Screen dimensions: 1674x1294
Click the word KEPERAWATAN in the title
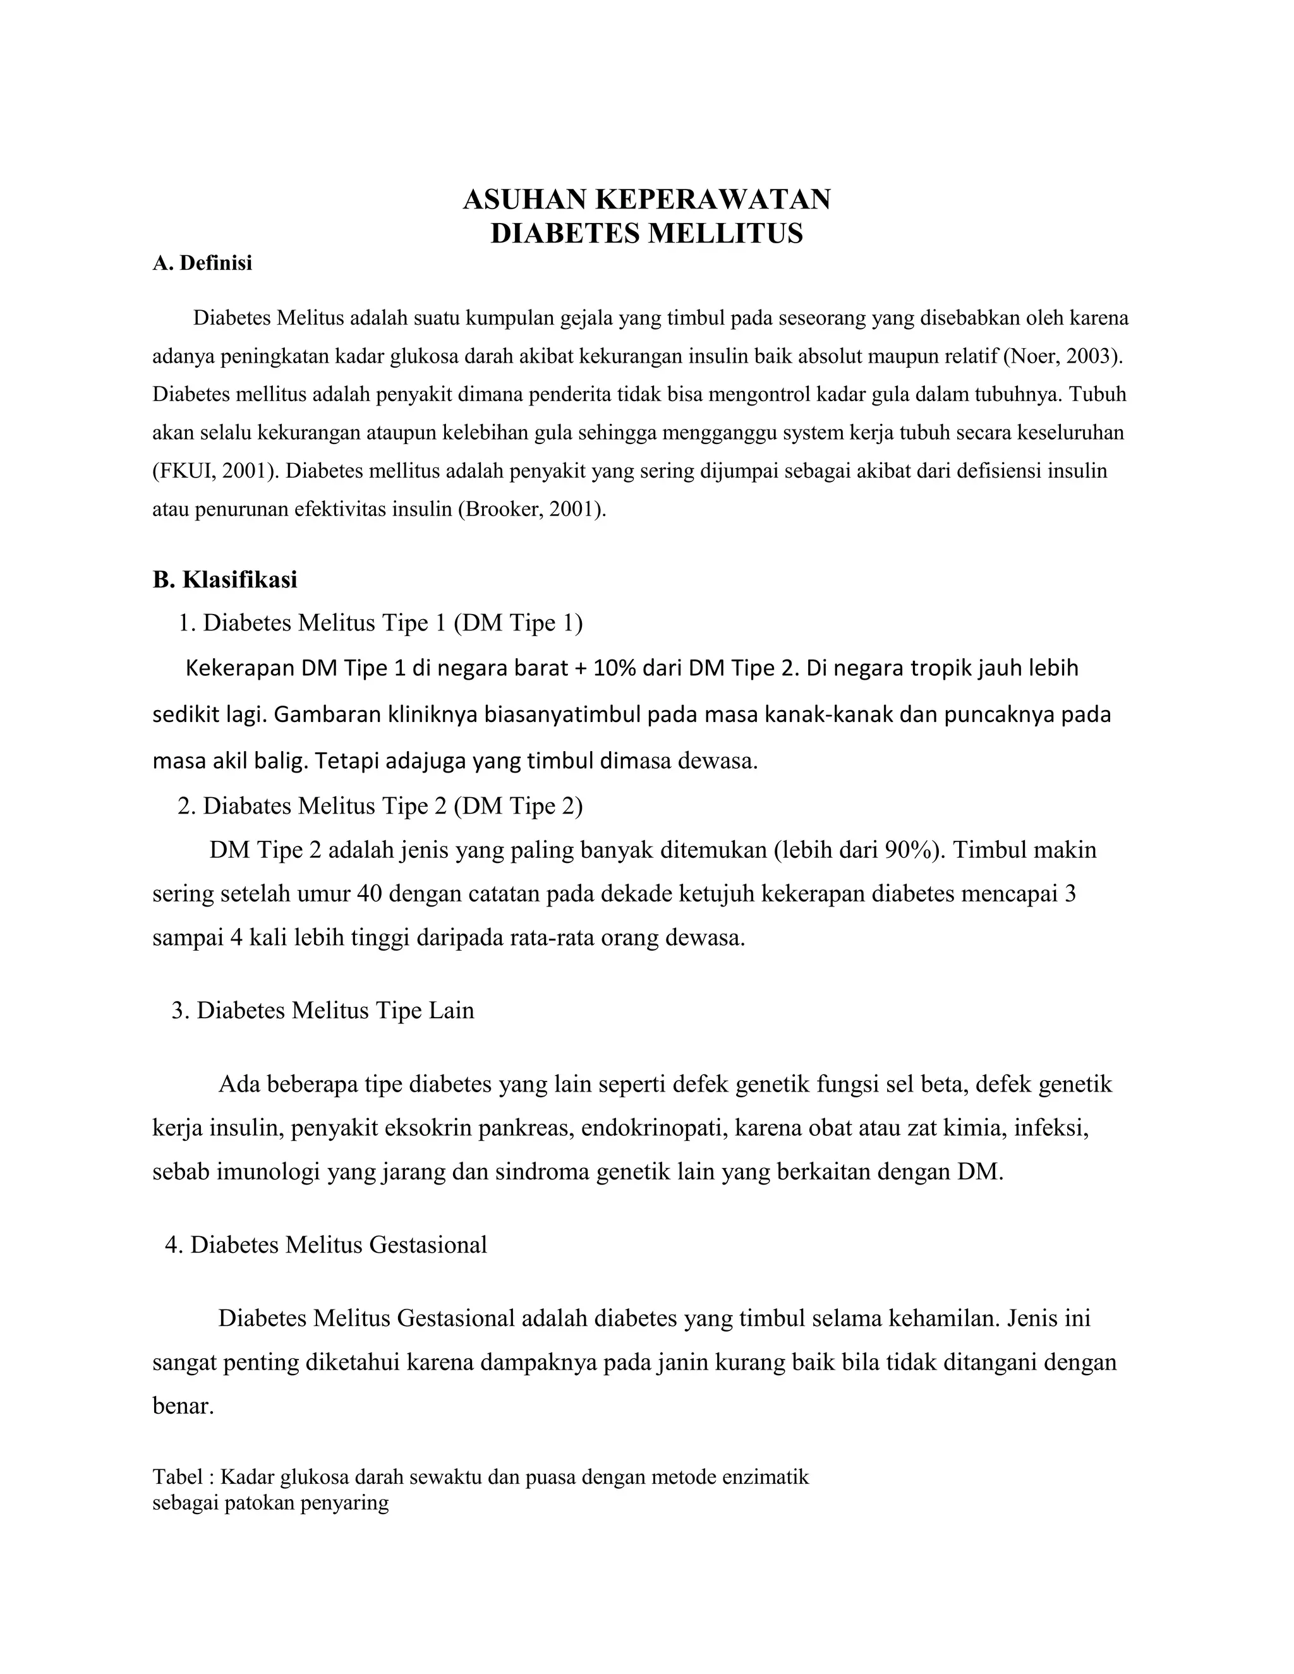(x=712, y=199)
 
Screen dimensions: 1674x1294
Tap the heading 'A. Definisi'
(x=202, y=263)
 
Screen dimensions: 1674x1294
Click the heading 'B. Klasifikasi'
(x=224, y=579)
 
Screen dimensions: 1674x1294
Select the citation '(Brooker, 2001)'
(x=531, y=510)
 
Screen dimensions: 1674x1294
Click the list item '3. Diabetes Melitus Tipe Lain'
(x=323, y=1010)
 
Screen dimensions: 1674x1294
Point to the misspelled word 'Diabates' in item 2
(x=247, y=805)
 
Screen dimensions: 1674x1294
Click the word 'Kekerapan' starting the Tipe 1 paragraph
(x=240, y=668)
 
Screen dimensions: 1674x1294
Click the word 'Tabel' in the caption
(x=177, y=1477)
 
